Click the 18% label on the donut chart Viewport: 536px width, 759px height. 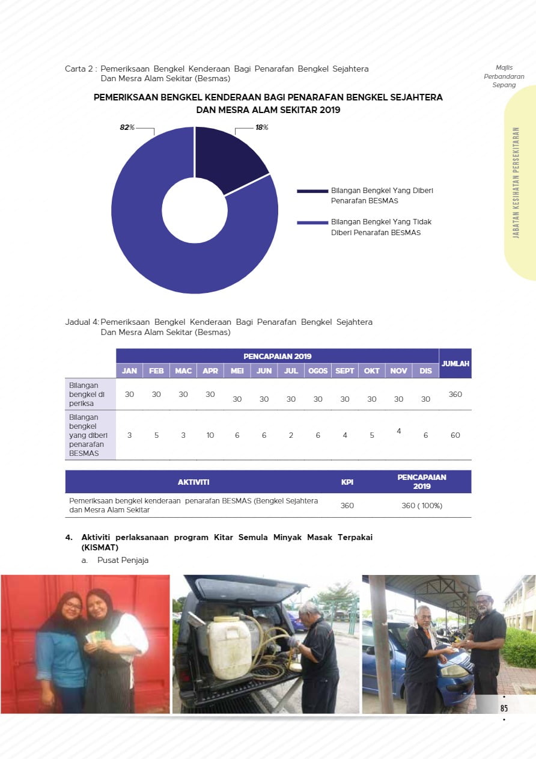click(x=262, y=128)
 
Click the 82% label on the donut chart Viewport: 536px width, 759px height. click(x=127, y=128)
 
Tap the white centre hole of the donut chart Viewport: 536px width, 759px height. click(x=195, y=210)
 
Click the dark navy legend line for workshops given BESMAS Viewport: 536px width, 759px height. click(x=312, y=191)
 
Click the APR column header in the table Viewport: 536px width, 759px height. click(x=210, y=371)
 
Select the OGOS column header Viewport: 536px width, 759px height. click(x=318, y=371)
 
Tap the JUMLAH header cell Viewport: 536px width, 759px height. click(x=455, y=364)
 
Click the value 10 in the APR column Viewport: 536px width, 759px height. click(x=210, y=435)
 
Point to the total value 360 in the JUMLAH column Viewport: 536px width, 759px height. click(x=455, y=394)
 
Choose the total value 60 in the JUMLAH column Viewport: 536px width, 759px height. click(x=455, y=435)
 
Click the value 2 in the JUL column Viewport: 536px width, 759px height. click(x=291, y=435)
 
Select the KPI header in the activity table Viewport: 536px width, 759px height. click(x=347, y=482)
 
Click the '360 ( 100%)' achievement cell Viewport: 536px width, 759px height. click(x=422, y=506)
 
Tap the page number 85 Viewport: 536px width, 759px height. click(x=504, y=708)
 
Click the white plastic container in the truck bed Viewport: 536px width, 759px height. click(x=230, y=647)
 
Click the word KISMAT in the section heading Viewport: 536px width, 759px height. click(x=100, y=548)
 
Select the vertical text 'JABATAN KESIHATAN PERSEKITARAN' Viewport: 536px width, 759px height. click(x=516, y=182)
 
